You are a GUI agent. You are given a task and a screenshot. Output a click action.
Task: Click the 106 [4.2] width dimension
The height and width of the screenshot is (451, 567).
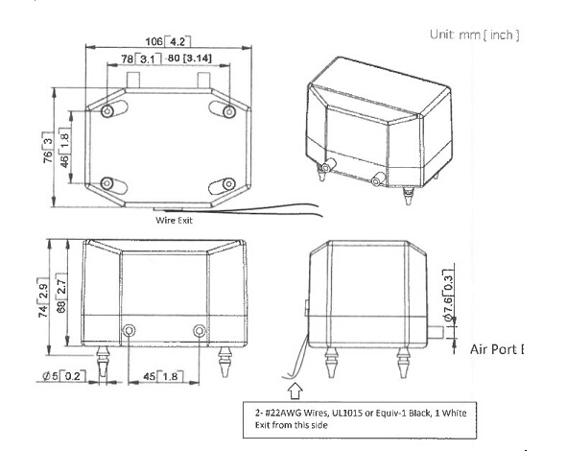(168, 42)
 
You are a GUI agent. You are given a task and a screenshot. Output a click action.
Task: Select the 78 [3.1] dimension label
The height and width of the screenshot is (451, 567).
(139, 59)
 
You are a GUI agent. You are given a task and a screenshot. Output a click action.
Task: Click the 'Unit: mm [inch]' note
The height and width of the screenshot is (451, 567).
(476, 35)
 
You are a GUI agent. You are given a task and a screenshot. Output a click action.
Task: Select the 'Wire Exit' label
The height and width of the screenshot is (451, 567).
(176, 219)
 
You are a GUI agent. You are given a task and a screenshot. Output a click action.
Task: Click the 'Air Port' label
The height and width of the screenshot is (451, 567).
(497, 348)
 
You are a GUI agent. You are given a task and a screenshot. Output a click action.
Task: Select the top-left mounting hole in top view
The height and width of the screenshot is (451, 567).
(106, 111)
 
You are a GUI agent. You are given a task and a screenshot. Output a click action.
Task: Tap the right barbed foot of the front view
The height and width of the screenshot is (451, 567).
(226, 362)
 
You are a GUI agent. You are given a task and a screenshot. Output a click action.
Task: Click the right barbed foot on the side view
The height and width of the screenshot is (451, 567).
(402, 363)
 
